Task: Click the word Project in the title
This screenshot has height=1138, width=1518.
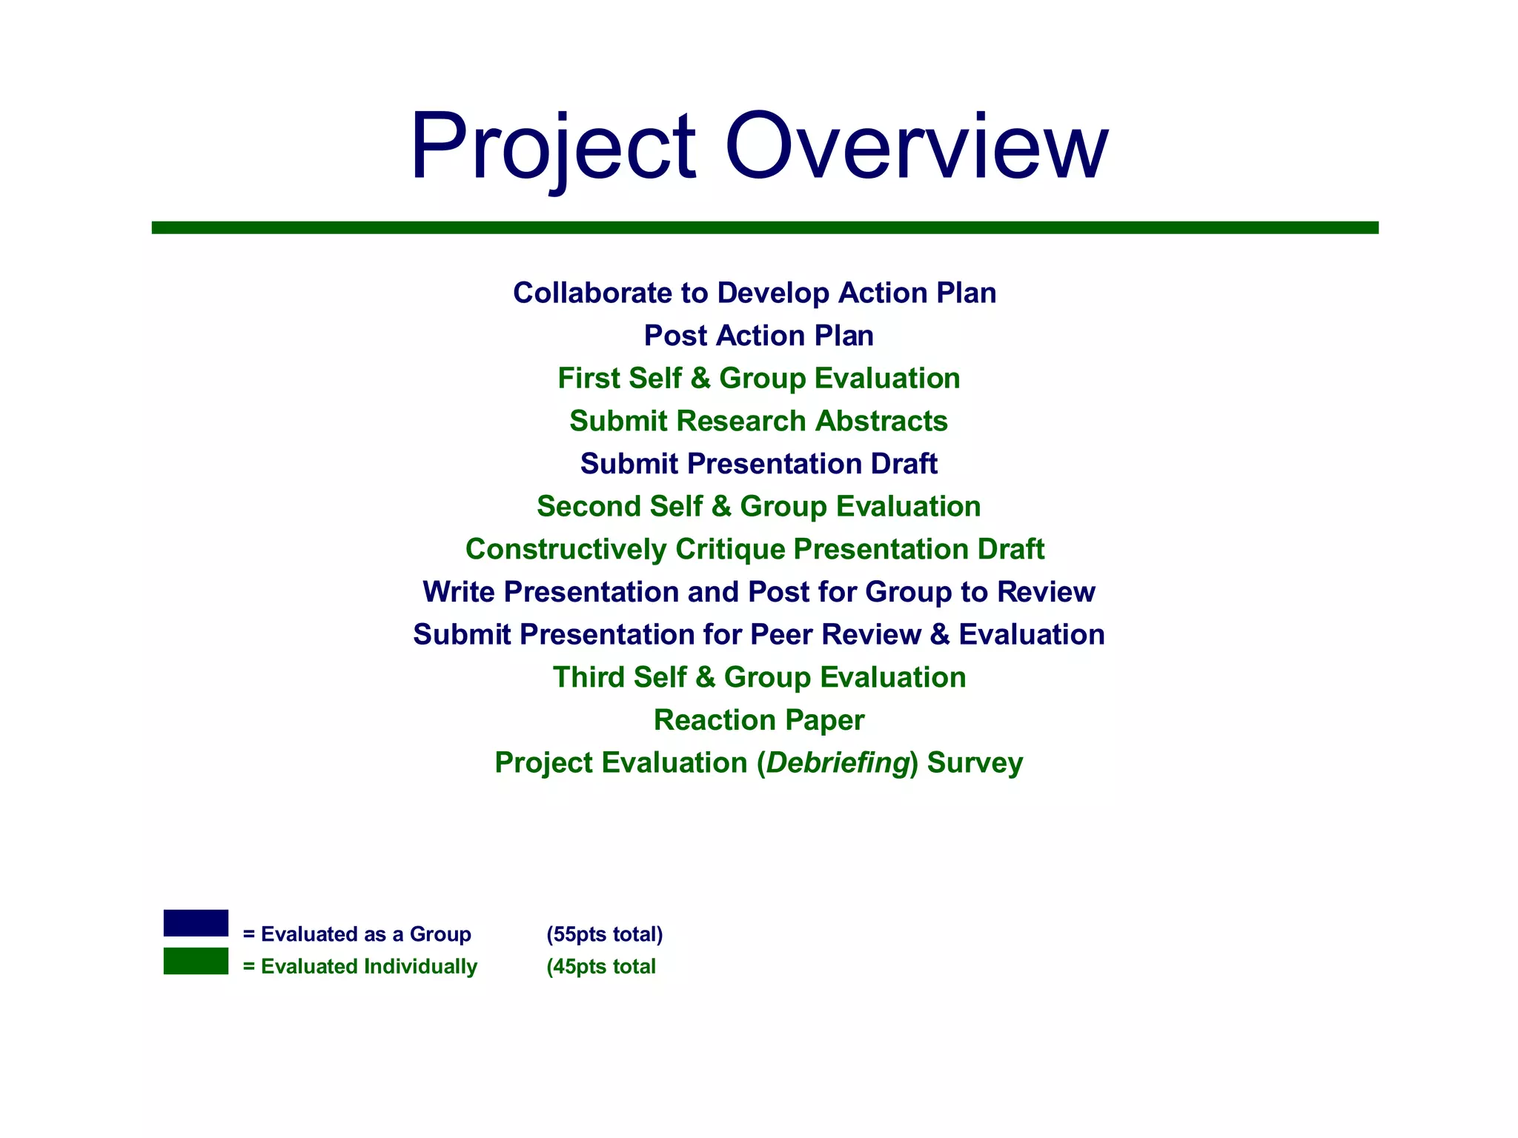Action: point(552,146)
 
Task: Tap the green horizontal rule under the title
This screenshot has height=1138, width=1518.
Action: point(765,227)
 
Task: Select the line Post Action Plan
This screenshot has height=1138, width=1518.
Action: point(758,336)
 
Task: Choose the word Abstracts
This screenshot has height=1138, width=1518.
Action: point(881,421)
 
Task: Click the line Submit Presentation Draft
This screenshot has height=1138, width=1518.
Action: point(758,464)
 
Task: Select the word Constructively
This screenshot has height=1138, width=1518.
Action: point(566,550)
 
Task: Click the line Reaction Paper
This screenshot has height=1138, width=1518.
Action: point(758,720)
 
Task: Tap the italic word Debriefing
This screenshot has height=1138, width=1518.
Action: point(838,763)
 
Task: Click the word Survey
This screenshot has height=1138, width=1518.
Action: point(975,763)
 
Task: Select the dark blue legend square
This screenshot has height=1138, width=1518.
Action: point(196,923)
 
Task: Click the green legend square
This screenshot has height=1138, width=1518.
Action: point(196,961)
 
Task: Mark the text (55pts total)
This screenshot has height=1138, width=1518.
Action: point(604,934)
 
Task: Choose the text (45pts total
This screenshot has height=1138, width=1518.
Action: point(600,967)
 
